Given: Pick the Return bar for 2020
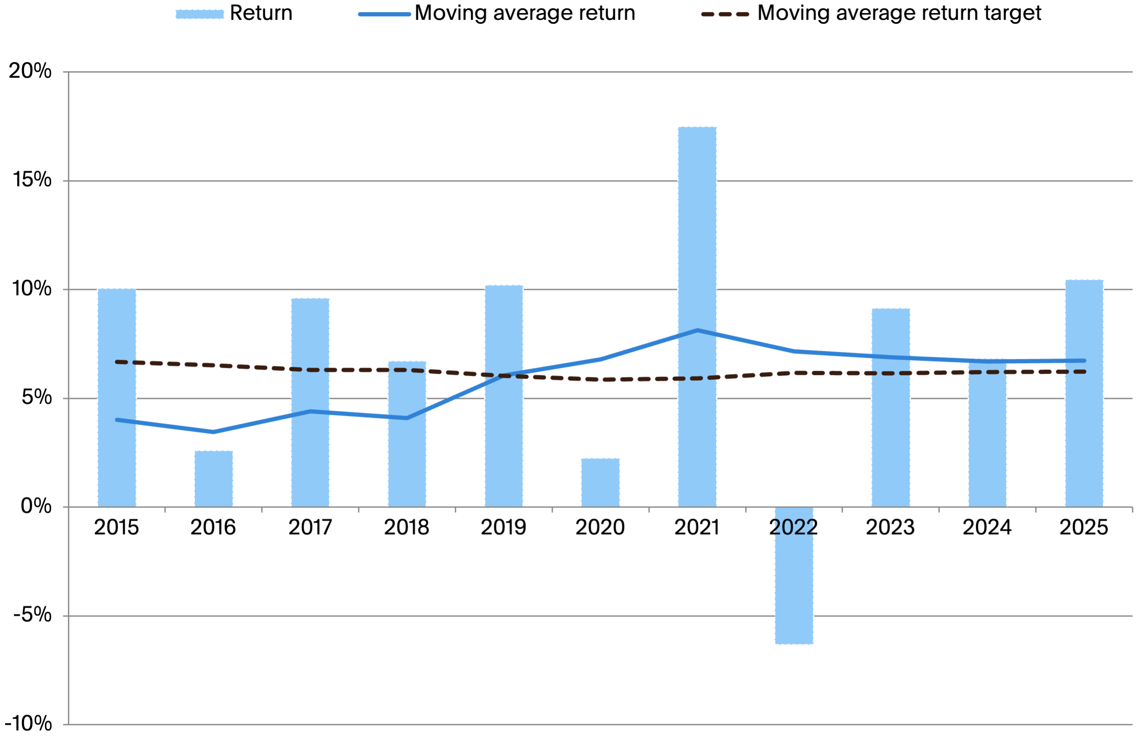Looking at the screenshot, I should [x=600, y=483].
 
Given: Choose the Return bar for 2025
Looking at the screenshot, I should [x=1084, y=430].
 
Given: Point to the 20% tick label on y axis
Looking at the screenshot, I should [x=30, y=71].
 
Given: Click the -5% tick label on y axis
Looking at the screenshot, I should [x=32, y=615].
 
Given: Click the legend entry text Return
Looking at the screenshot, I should [x=261, y=13].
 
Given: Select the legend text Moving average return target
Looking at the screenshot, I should [x=899, y=13].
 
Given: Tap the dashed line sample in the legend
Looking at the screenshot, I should [x=725, y=14].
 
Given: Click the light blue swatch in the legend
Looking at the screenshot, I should [x=199, y=14].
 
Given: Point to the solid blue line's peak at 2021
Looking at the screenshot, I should [x=697, y=330].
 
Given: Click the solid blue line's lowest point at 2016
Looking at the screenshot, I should [x=213, y=432].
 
